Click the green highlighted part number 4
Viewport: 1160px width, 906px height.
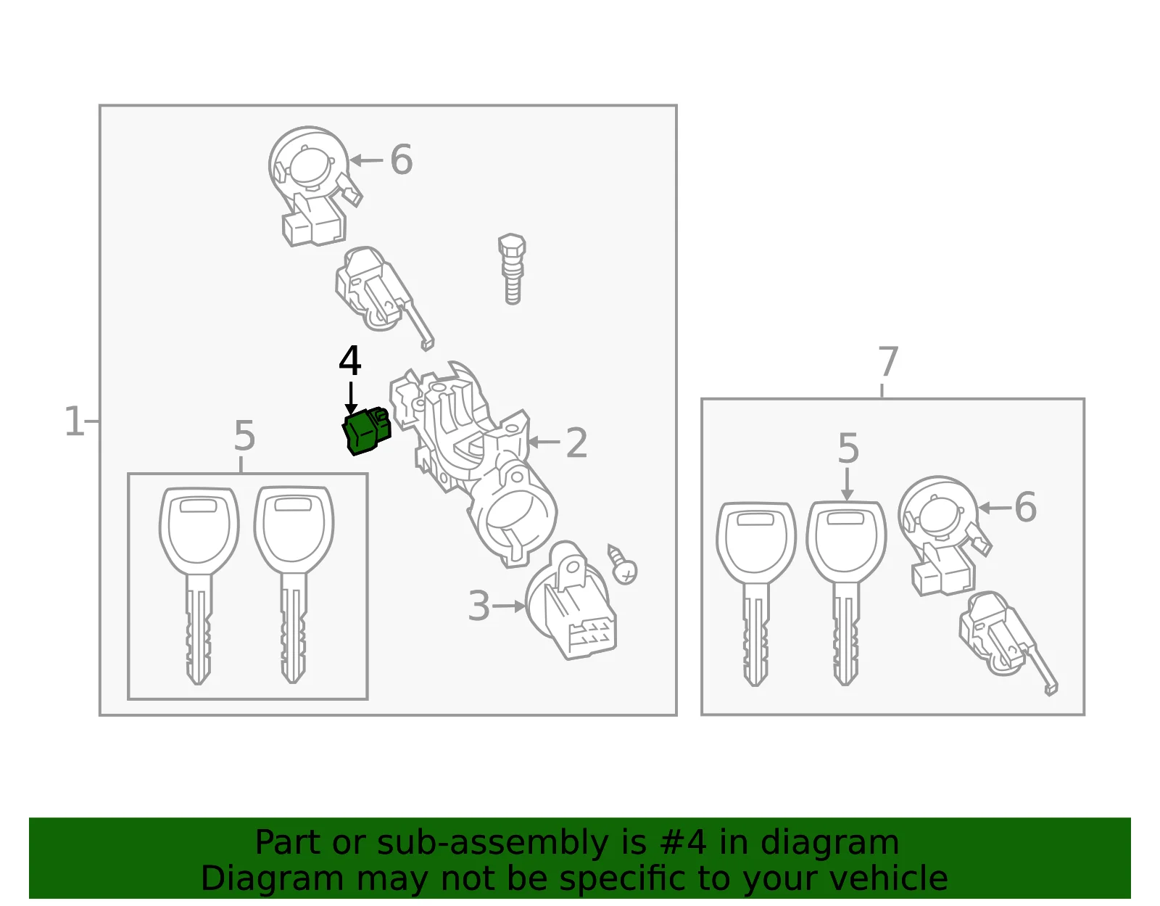point(366,431)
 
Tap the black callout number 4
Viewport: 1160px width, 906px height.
point(350,361)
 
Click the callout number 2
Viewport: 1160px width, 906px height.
point(576,442)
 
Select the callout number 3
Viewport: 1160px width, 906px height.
point(478,606)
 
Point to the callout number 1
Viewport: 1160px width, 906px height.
point(74,421)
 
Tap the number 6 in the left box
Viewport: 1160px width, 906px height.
point(402,160)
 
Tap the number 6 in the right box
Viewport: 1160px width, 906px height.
point(1025,507)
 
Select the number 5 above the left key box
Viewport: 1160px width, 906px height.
point(244,436)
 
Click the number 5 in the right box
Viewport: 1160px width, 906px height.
point(849,448)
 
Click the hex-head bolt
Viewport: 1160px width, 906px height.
point(512,269)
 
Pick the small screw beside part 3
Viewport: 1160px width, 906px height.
point(623,565)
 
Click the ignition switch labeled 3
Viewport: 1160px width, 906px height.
point(570,601)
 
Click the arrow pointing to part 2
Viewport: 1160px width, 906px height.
point(544,442)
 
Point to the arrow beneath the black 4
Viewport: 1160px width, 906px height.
point(351,398)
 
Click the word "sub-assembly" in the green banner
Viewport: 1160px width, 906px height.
point(493,842)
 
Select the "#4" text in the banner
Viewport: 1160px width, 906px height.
point(683,842)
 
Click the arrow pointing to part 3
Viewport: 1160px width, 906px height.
point(509,606)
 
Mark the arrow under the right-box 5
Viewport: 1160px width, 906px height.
point(848,485)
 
